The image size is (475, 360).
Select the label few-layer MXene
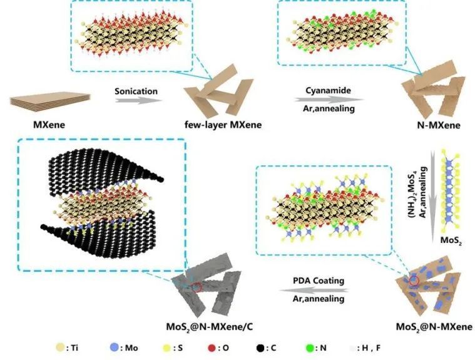[x=223, y=125]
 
